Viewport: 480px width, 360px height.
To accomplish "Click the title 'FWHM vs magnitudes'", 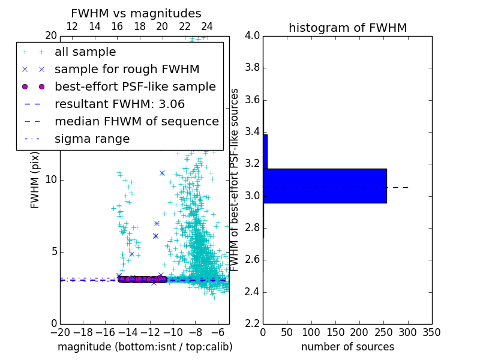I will (136, 13).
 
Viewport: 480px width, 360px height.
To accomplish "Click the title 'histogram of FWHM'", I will (347, 28).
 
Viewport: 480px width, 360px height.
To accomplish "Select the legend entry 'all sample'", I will (85, 52).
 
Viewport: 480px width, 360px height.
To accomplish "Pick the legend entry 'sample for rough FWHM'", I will (127, 69).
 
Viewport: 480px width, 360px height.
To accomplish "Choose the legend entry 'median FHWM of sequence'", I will (136, 121).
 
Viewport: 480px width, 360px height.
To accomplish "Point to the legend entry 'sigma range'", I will (92, 139).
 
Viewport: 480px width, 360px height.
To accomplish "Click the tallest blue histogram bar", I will (325, 186).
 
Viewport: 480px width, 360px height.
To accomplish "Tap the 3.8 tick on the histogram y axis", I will (252, 68).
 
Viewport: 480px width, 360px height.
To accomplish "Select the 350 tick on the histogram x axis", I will (432, 332).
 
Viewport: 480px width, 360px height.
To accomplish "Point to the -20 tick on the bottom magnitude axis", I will (60, 332).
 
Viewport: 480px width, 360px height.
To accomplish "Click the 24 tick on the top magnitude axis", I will (207, 26).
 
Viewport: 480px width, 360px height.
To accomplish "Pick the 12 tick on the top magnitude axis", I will (71, 26).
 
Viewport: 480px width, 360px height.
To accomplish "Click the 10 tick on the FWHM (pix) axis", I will (50, 179).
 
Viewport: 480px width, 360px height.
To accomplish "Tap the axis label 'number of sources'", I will (347, 347).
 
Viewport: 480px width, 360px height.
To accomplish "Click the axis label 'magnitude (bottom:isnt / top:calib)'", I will (145, 347).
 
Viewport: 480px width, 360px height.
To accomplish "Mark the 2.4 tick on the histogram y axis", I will (252, 292).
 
